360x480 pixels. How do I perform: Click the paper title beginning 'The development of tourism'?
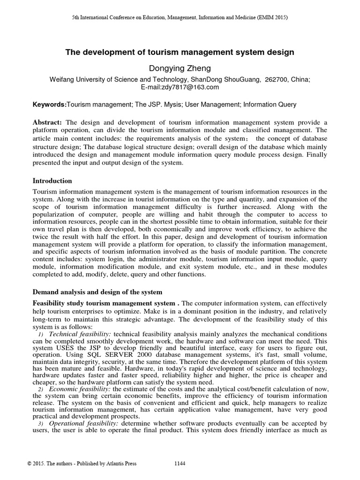point(180,52)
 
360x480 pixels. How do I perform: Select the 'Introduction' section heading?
point(52,180)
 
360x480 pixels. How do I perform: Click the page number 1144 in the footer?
point(180,464)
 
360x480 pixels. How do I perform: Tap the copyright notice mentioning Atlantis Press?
point(82,464)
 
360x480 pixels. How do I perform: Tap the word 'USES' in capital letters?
point(65,348)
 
